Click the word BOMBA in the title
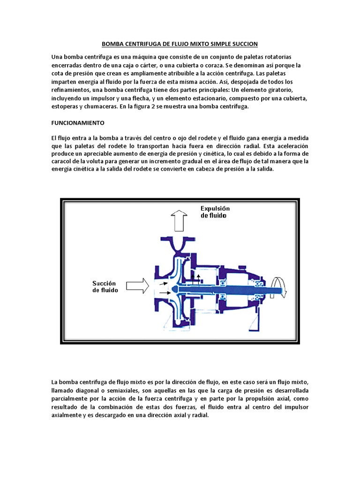pyautogui.click(x=112, y=45)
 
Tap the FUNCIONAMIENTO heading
pyautogui.click(x=77, y=123)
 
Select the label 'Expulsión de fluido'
pyautogui.click(x=215, y=212)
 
